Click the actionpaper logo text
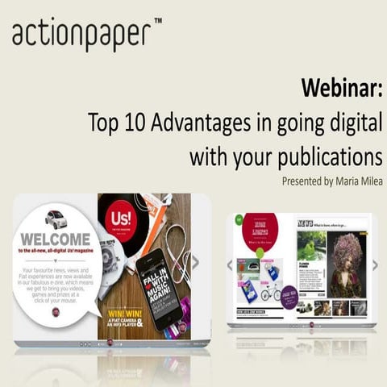[x=81, y=34]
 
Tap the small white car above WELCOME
[x=56, y=219]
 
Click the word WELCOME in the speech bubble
[x=56, y=239]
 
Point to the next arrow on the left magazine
[x=195, y=261]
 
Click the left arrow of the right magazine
[x=230, y=264]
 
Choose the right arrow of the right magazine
[x=375, y=264]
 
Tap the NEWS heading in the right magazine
[x=305, y=223]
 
